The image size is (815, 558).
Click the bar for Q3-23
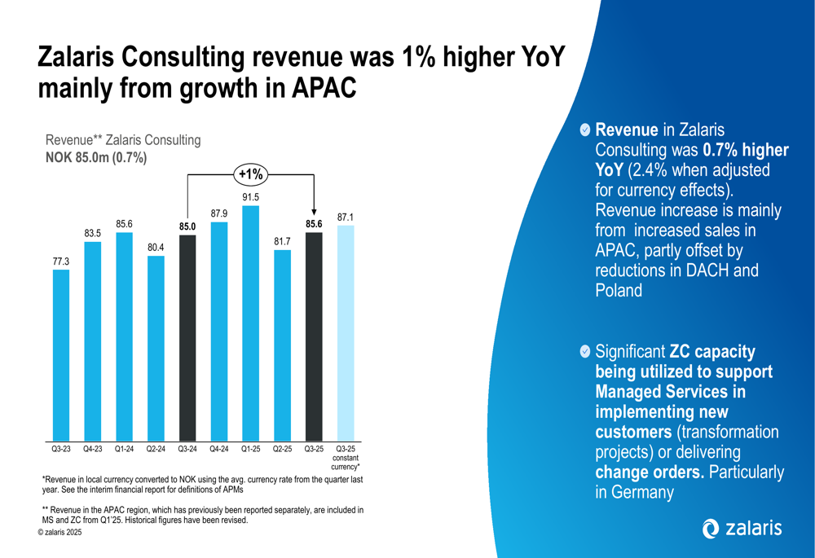pyautogui.click(x=61, y=355)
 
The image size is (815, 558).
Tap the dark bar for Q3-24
pyautogui.click(x=187, y=338)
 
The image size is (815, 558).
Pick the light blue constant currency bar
pyautogui.click(x=346, y=333)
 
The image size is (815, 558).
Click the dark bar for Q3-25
pyautogui.click(x=314, y=336)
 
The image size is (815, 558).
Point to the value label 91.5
pyautogui.click(x=251, y=197)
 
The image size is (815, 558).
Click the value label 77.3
pyautogui.click(x=61, y=261)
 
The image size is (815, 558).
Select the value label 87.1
pyautogui.click(x=346, y=217)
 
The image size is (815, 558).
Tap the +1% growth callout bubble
pyautogui.click(x=251, y=174)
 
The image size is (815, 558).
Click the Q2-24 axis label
pyautogui.click(x=156, y=449)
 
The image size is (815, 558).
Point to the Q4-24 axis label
pyautogui.click(x=219, y=449)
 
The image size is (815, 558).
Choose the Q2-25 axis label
pyautogui.click(x=283, y=449)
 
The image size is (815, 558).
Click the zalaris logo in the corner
pyautogui.click(x=742, y=529)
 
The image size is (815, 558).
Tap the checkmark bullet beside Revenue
pyautogui.click(x=585, y=130)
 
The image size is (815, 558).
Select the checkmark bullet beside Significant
pyautogui.click(x=585, y=352)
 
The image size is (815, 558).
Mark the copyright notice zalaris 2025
pyautogui.click(x=59, y=532)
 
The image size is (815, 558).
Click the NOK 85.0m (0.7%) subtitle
pyautogui.click(x=95, y=158)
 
